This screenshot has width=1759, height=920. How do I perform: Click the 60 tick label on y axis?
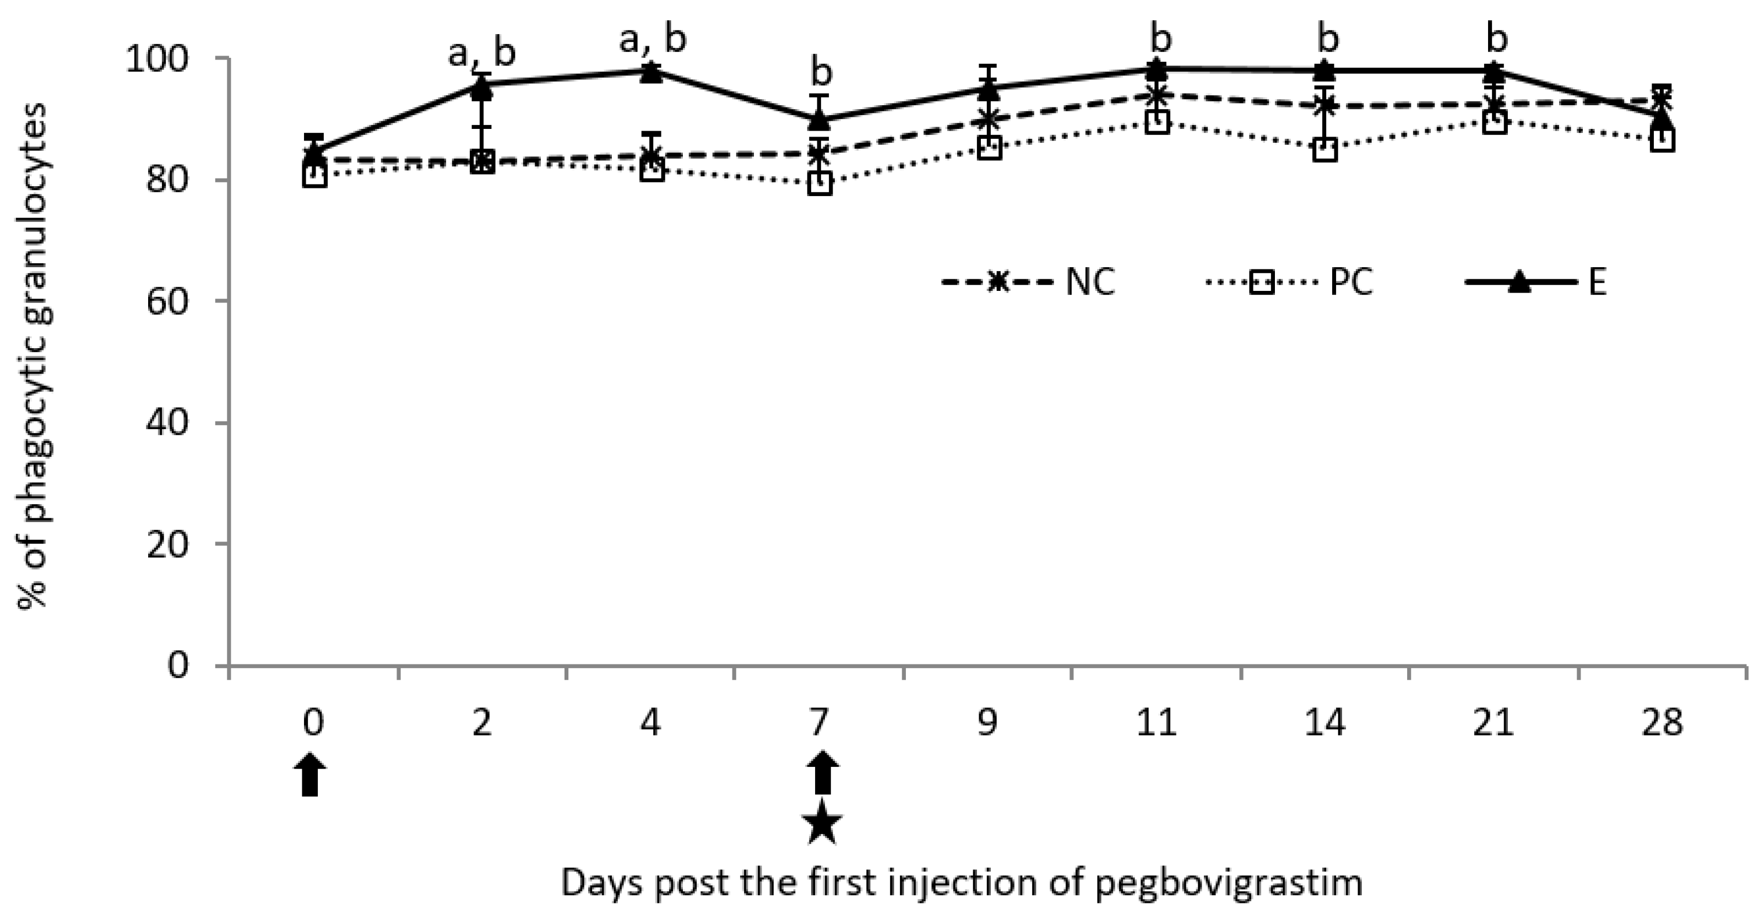coord(168,302)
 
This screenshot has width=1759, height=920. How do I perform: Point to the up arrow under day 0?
coord(311,775)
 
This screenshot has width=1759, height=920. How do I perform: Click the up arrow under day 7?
coord(823,773)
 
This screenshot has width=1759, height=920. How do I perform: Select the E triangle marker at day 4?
coord(651,72)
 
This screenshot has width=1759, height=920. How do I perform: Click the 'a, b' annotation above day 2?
coord(481,54)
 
